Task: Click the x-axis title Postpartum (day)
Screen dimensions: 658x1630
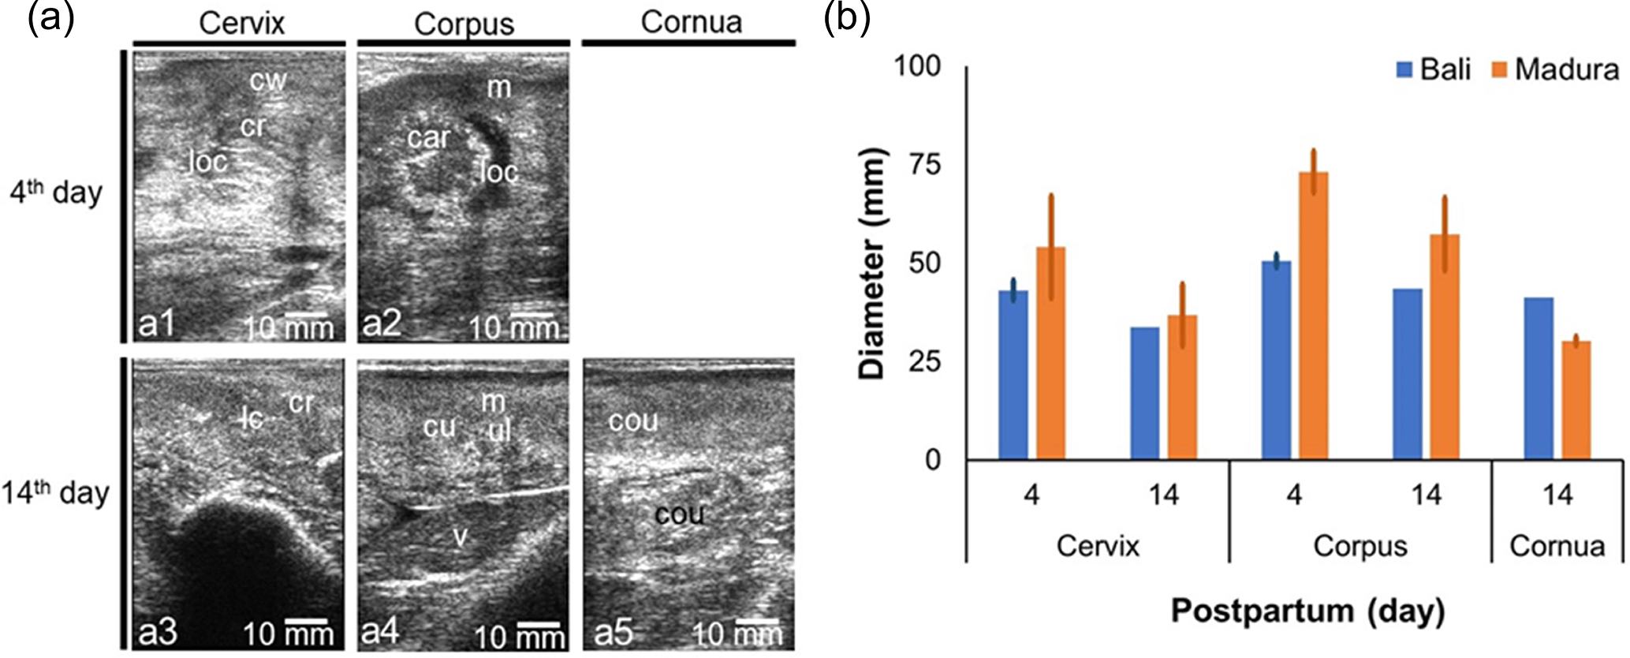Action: tap(1307, 611)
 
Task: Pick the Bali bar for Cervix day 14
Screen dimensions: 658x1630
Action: tap(1144, 393)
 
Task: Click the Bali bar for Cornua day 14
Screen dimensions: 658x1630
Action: tap(1538, 379)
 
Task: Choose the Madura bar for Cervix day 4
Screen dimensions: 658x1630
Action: tap(1050, 353)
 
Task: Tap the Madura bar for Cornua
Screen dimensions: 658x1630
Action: tap(1576, 400)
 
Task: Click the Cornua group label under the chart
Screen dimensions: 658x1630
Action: tap(1557, 547)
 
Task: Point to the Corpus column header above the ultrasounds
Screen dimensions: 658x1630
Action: tap(464, 24)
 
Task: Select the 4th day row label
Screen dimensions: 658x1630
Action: tap(57, 193)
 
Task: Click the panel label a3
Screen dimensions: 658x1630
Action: tap(158, 633)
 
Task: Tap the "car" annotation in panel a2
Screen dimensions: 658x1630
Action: tap(428, 138)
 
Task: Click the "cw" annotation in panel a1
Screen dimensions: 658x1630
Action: tap(268, 80)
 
